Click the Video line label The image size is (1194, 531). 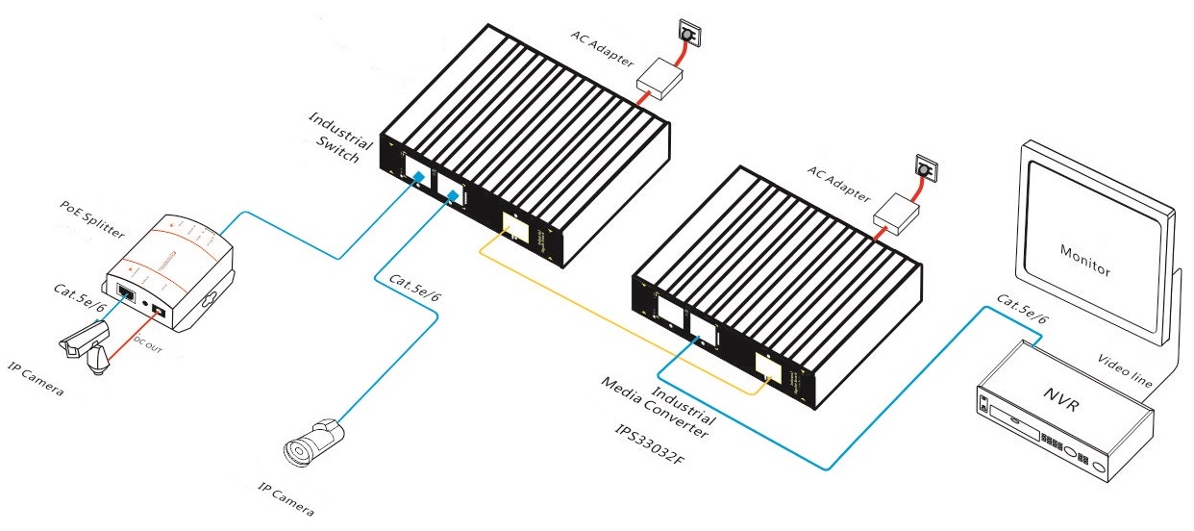pyautogui.click(x=1125, y=371)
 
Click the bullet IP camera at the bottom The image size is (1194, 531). pyautogui.click(x=313, y=442)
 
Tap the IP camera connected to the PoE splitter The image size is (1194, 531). pyautogui.click(x=86, y=347)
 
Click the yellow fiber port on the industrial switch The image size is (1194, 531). pyautogui.click(x=514, y=228)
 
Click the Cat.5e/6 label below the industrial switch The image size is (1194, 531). pyautogui.click(x=414, y=291)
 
